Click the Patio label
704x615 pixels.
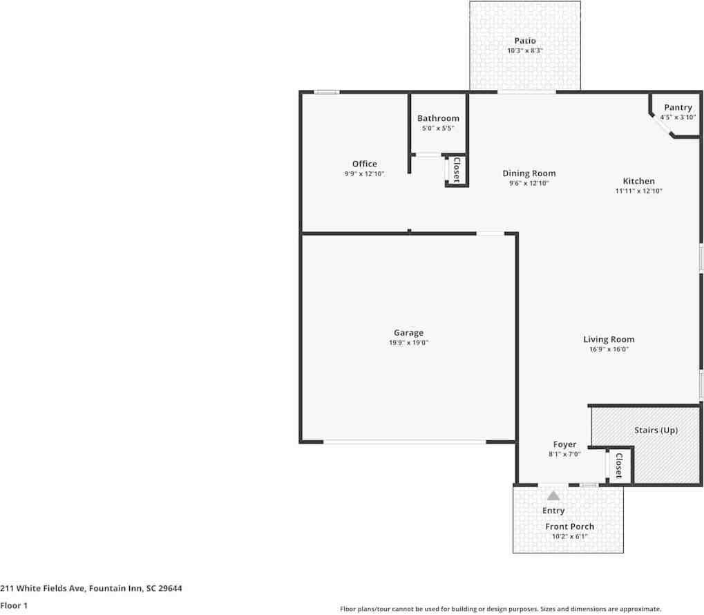point(524,41)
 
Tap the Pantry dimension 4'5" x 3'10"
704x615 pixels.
point(677,117)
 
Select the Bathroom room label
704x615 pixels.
point(438,118)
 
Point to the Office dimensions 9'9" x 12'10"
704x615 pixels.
point(364,174)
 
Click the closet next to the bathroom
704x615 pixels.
point(457,169)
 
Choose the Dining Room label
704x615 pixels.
point(529,173)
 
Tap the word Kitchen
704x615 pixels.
point(638,181)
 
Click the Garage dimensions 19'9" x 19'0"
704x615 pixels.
point(408,343)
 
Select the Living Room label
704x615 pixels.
point(609,339)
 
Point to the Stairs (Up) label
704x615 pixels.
point(656,430)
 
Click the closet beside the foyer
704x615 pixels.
point(619,466)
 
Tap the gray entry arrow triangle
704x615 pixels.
point(553,495)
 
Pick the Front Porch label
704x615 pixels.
point(569,527)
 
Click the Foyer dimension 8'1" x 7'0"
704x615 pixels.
point(564,454)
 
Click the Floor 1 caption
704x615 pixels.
point(14,605)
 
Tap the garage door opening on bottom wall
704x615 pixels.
point(405,442)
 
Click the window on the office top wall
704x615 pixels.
point(326,92)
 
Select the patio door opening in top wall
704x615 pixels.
point(526,92)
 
